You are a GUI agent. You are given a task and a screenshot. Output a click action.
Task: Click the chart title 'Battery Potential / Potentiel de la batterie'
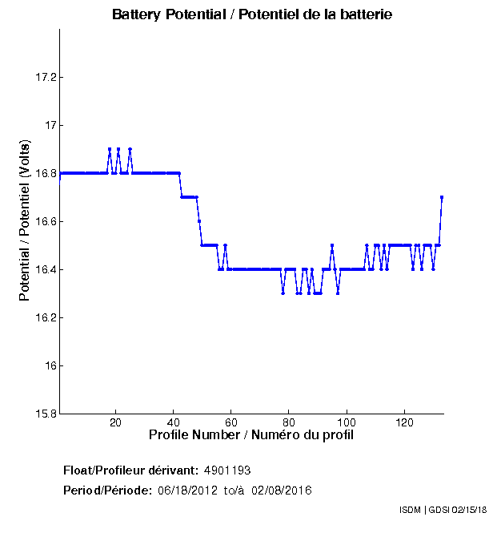coord(252,15)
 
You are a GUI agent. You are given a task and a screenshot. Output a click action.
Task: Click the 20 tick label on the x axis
coord(116,423)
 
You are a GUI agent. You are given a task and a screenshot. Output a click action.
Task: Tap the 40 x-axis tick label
coord(174,423)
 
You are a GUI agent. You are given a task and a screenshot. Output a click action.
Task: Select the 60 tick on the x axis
coord(231,423)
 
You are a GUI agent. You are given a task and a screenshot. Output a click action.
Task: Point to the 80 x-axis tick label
coord(289,423)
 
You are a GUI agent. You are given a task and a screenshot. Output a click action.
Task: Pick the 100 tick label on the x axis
coord(347,423)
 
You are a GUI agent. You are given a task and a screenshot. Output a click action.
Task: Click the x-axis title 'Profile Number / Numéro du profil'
coord(251,435)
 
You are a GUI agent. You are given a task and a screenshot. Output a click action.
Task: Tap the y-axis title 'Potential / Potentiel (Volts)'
coord(25,222)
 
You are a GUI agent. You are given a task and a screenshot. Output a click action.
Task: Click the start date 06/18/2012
coord(186,490)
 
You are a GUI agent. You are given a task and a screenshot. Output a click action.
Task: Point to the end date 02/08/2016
coord(282,490)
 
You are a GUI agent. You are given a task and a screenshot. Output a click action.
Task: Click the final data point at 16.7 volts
coord(442,197)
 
